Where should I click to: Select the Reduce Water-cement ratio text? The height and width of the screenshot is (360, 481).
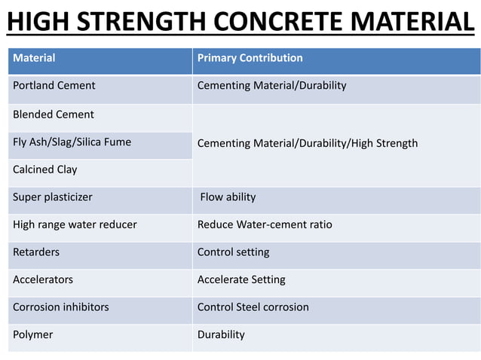(x=264, y=224)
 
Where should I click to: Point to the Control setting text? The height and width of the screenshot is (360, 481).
(x=233, y=252)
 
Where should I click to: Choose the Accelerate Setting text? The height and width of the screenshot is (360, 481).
(x=241, y=279)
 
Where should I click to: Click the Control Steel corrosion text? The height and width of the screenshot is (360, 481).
(x=253, y=307)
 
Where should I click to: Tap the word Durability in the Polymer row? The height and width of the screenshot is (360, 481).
(x=221, y=334)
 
